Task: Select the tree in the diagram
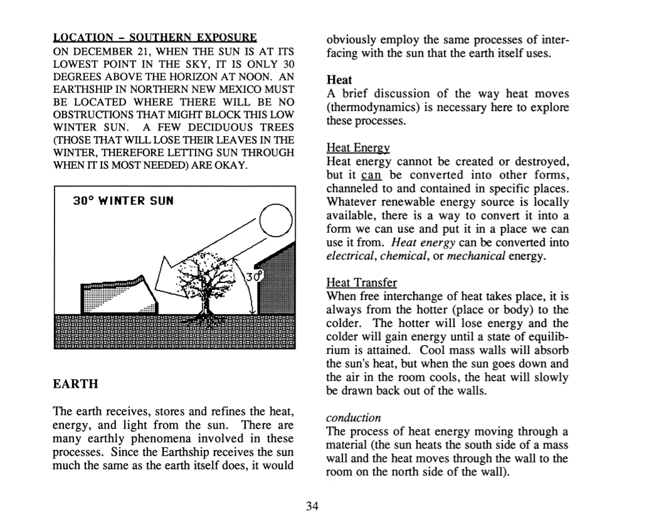205,281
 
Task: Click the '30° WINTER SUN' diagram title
123,201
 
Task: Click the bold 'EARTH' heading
75,383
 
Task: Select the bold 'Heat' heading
339,80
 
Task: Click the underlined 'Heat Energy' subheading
358,148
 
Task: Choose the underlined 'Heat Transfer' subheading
361,283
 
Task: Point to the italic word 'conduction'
354,418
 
